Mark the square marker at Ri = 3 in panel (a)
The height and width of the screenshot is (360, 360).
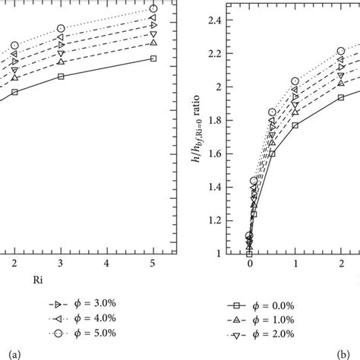(x=61, y=76)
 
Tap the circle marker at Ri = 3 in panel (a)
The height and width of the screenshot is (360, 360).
(x=61, y=29)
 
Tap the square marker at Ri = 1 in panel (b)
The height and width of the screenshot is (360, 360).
(x=295, y=125)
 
